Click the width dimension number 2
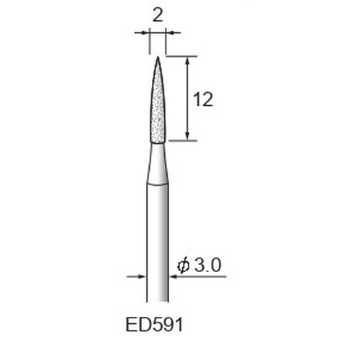tap(158, 16)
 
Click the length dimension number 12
tap(203, 99)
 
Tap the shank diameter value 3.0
tap(207, 265)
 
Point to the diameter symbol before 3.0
tap(184, 266)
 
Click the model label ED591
tap(154, 325)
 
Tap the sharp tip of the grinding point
tap(158, 57)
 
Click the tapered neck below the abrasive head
tap(158, 164)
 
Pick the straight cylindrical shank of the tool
tap(158, 243)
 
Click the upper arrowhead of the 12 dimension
tap(188, 60)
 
